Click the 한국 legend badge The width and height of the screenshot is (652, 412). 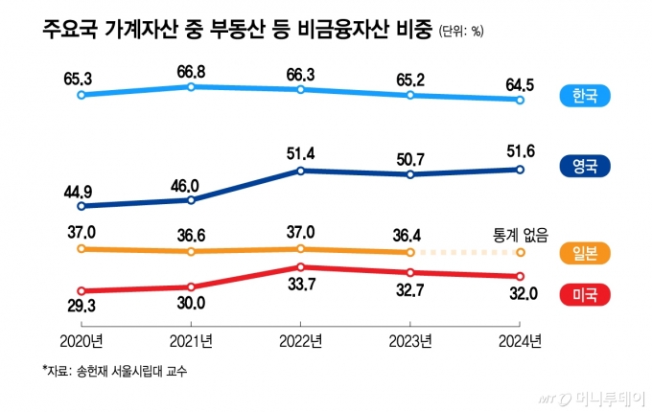585,97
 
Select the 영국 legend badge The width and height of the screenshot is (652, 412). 585,167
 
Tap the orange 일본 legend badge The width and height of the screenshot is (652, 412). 585,253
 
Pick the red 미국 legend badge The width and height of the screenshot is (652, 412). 585,294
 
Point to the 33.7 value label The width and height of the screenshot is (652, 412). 301,284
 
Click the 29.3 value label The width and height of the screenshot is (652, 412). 81,309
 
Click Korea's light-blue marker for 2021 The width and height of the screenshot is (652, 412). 192,86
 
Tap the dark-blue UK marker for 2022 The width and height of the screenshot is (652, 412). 301,171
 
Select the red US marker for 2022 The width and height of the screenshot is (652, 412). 301,266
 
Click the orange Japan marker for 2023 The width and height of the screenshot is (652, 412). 410,252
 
